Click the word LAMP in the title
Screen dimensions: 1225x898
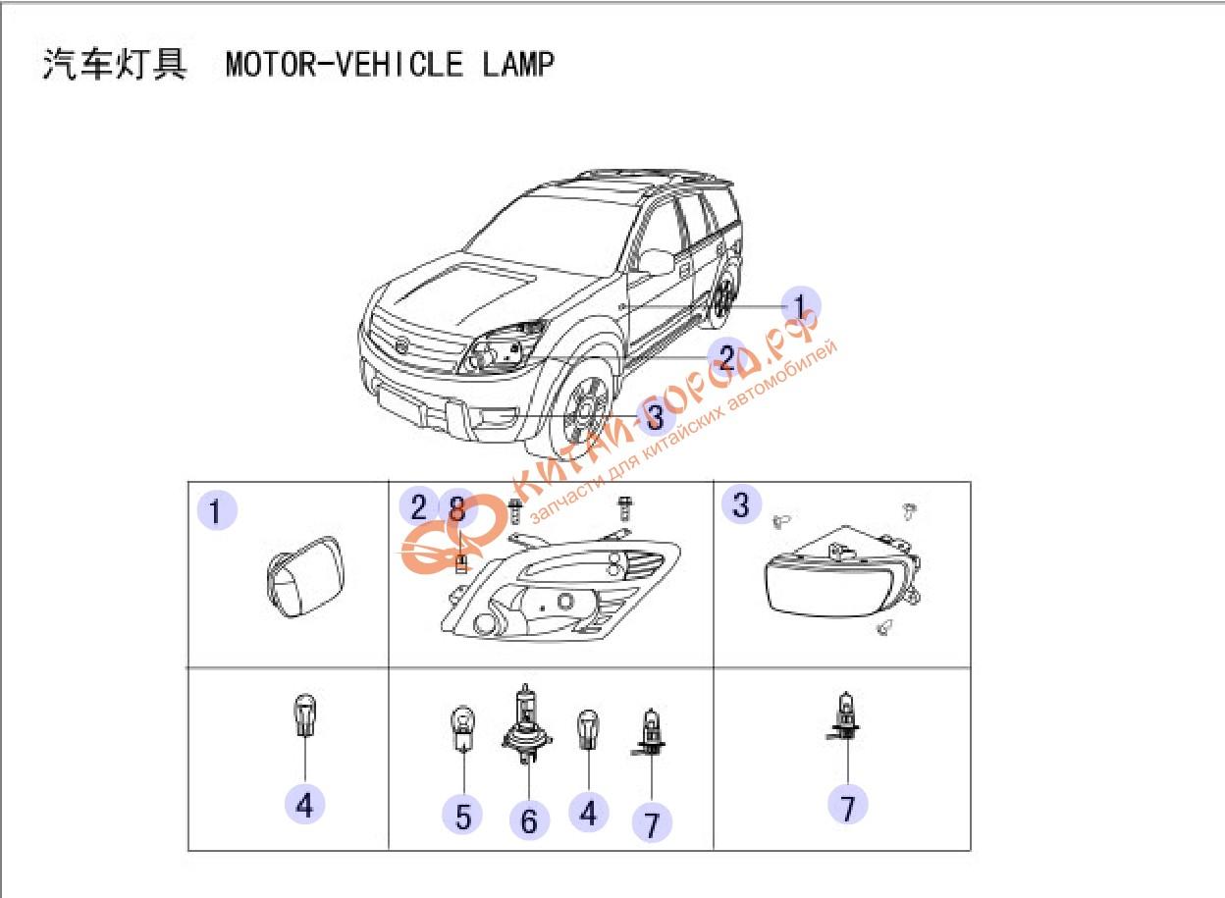click(518, 64)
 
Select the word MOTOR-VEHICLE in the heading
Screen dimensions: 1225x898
click(345, 64)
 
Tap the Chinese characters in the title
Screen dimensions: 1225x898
click(115, 64)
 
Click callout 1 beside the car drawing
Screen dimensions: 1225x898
click(800, 306)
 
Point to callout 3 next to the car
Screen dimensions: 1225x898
click(655, 417)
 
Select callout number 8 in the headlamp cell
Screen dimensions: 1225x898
click(457, 508)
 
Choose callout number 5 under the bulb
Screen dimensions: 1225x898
click(462, 817)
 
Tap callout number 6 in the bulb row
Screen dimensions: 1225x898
click(529, 820)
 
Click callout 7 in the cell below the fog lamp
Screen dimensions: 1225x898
click(848, 805)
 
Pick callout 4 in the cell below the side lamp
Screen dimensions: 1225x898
click(304, 805)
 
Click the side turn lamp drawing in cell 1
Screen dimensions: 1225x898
click(305, 577)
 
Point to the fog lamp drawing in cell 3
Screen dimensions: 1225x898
click(842, 573)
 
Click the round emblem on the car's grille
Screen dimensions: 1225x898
click(402, 345)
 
